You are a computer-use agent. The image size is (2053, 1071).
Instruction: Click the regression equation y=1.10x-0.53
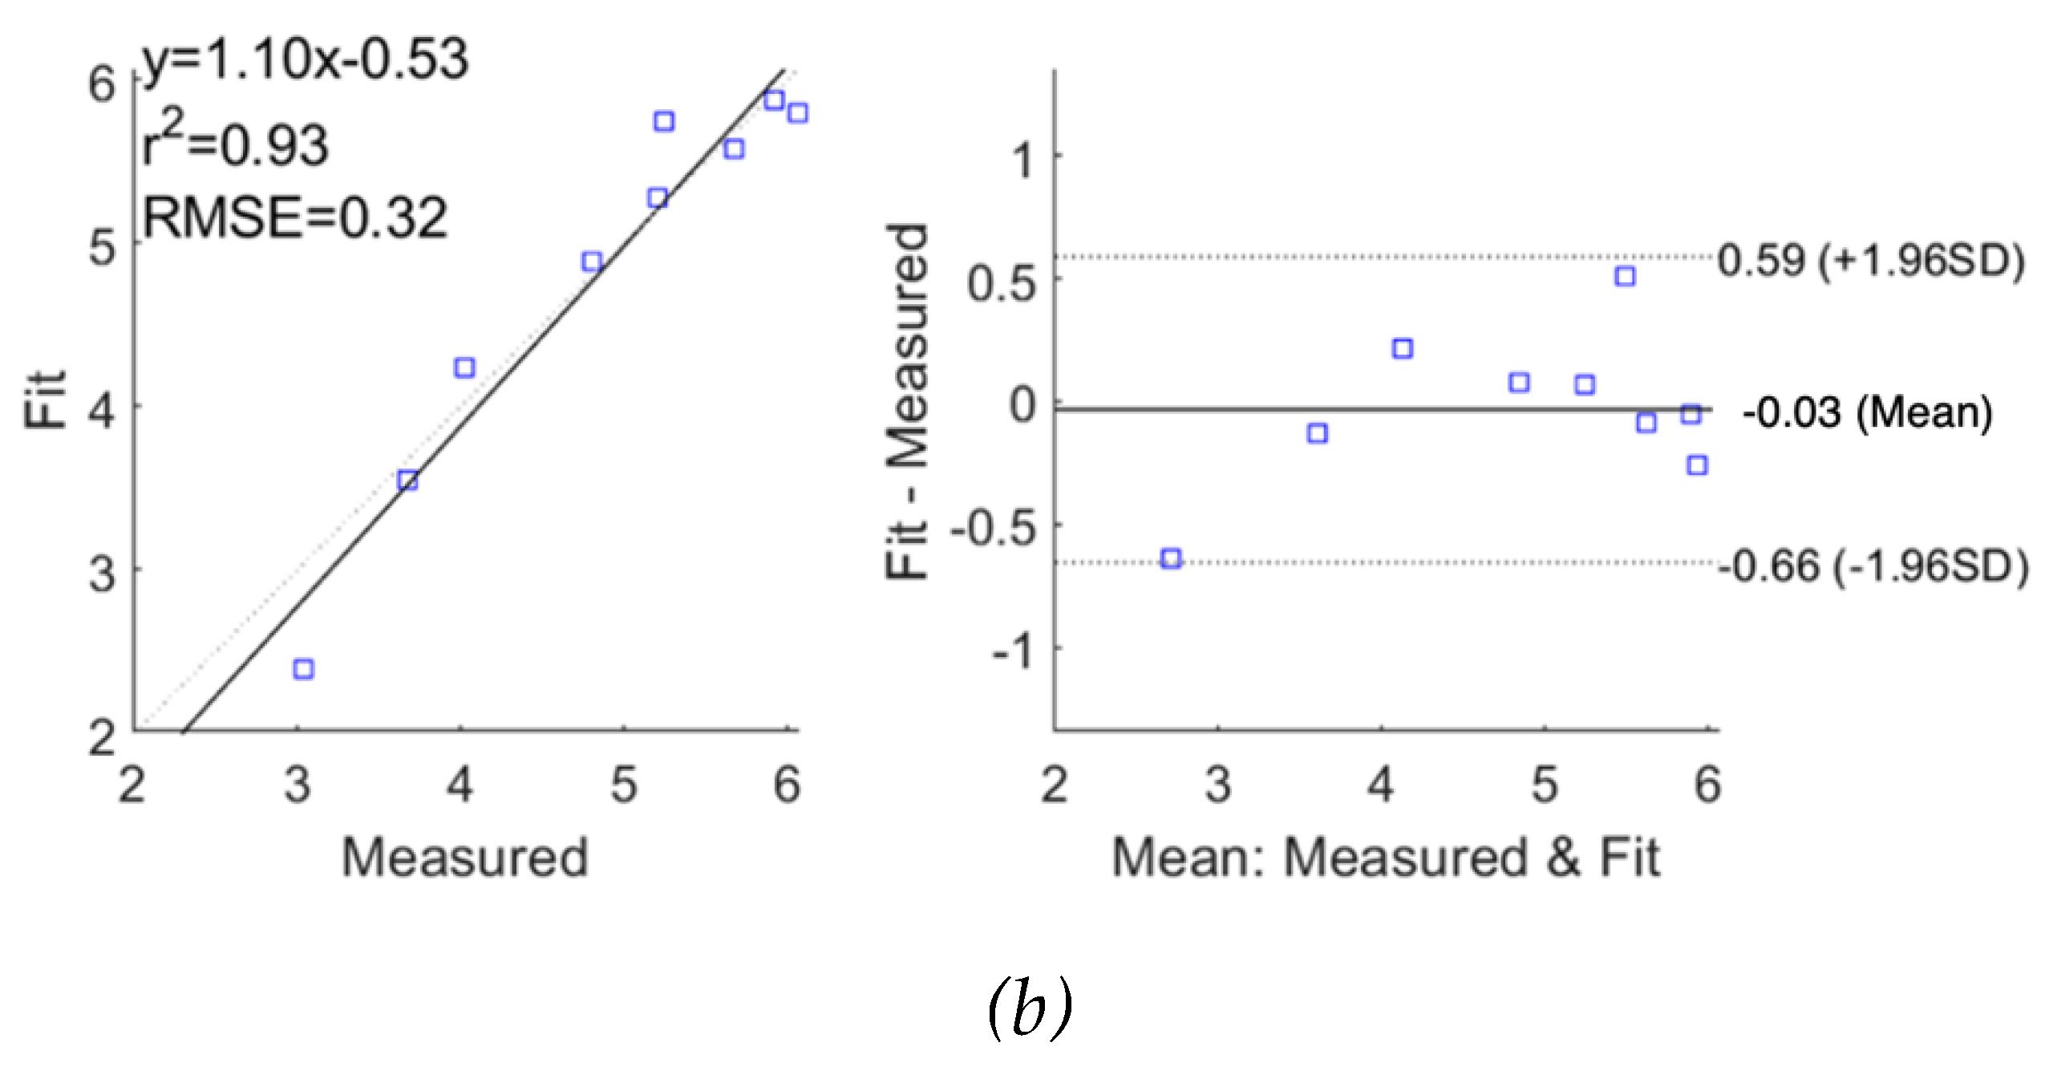point(305,60)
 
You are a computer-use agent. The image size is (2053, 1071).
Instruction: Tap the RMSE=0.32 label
point(294,217)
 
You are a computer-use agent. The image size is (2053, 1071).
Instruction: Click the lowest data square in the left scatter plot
point(303,668)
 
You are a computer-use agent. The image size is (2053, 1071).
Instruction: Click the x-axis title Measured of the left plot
point(465,857)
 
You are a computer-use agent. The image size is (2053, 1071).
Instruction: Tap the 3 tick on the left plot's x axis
point(298,785)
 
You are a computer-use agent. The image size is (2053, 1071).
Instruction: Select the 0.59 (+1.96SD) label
point(1870,261)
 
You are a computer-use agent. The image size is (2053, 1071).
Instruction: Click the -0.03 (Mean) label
point(1867,412)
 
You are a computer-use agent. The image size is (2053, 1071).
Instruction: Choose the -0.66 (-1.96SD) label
point(1873,566)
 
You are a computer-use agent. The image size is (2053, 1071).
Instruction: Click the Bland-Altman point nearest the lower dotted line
point(1172,558)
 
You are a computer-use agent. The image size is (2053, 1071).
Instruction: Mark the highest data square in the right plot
point(1626,276)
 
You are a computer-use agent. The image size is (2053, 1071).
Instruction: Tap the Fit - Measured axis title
point(907,401)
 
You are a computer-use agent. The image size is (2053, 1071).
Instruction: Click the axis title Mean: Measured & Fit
point(1385,857)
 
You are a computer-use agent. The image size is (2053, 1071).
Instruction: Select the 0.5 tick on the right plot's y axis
point(1002,283)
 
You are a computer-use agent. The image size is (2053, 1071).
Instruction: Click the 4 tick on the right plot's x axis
point(1380,785)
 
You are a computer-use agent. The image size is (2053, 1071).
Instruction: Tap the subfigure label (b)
point(1030,1007)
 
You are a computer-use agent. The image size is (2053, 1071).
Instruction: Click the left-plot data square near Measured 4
point(464,368)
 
